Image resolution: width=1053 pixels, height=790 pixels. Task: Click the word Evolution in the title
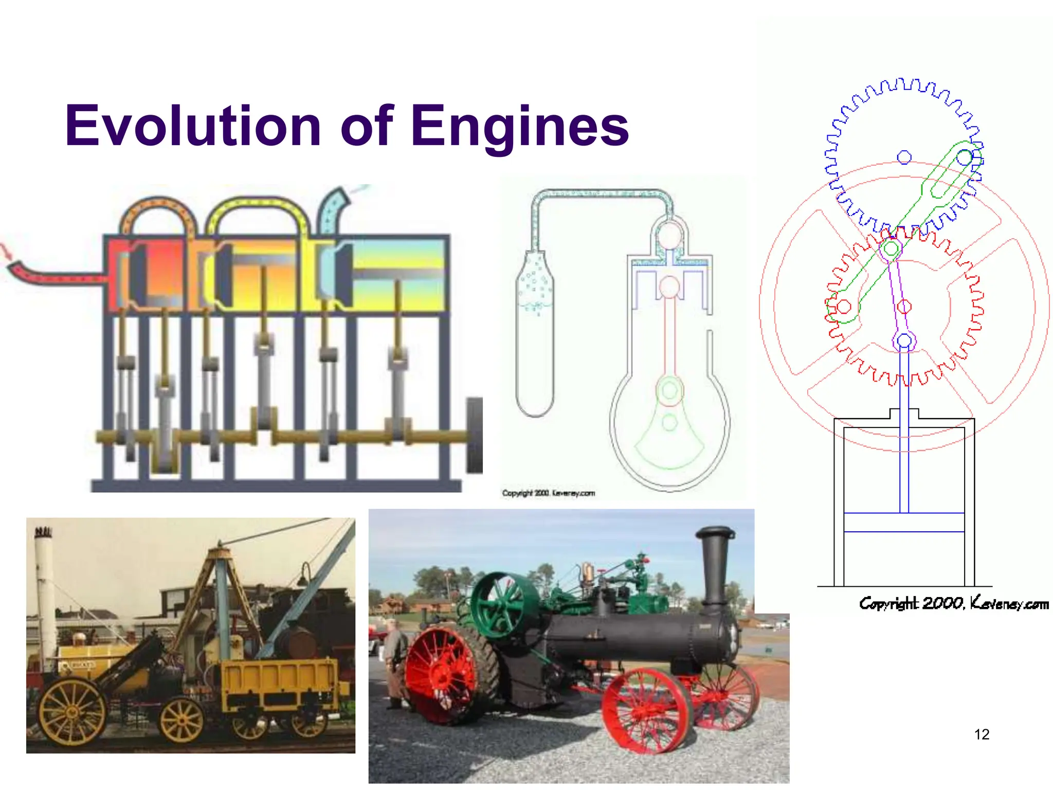pyautogui.click(x=193, y=126)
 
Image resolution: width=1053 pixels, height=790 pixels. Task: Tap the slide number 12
pyautogui.click(x=982, y=734)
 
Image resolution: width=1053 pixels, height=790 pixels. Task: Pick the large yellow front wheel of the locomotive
pyautogui.click(x=72, y=712)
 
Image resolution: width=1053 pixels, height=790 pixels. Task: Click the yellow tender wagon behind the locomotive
pyautogui.click(x=278, y=679)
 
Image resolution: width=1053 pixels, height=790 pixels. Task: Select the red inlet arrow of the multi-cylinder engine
pyautogui.click(x=7, y=252)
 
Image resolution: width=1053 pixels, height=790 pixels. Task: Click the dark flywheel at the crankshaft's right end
pyautogui.click(x=474, y=435)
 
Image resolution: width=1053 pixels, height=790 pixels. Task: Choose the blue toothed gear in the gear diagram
pyautogui.click(x=833, y=154)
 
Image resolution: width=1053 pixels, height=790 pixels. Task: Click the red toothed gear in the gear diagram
pyautogui.click(x=977, y=309)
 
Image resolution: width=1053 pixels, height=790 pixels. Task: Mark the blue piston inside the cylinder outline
pyautogui.click(x=904, y=522)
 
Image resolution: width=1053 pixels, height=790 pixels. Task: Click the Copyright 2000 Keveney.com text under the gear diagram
pyautogui.click(x=954, y=603)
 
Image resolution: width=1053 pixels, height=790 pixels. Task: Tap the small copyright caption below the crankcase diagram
pyautogui.click(x=548, y=493)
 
